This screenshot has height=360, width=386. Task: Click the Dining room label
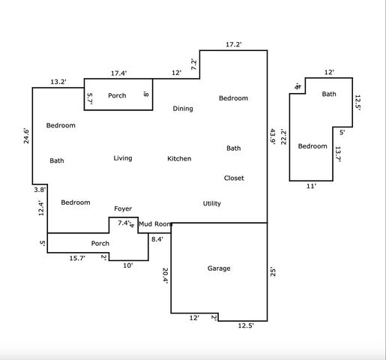[x=183, y=109]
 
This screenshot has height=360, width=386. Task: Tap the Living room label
[x=123, y=158]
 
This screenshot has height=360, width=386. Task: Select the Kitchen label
[x=179, y=159]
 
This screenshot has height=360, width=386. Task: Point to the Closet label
[x=234, y=178]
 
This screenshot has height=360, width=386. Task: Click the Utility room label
[x=212, y=203]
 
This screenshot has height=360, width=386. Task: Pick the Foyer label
[x=123, y=208]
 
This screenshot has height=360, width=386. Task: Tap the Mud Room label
[x=155, y=223]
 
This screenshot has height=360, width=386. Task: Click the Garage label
[x=219, y=268]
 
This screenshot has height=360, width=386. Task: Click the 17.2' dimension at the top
[x=234, y=45]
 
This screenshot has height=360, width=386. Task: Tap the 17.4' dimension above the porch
[x=118, y=73]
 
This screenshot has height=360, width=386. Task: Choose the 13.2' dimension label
[x=59, y=81]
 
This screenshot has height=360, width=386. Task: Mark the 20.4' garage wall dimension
[x=166, y=276]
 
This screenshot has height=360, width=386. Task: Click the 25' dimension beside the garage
[x=273, y=273]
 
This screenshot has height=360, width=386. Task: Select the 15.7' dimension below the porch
[x=77, y=258]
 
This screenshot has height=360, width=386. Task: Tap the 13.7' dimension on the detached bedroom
[x=338, y=154]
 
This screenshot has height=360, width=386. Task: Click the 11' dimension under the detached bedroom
[x=311, y=186]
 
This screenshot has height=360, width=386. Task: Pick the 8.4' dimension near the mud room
[x=157, y=238]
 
